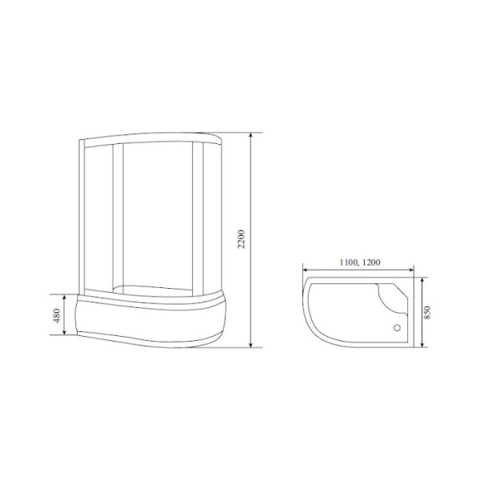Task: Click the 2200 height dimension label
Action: [x=242, y=238]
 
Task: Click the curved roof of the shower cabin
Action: [x=152, y=134]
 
